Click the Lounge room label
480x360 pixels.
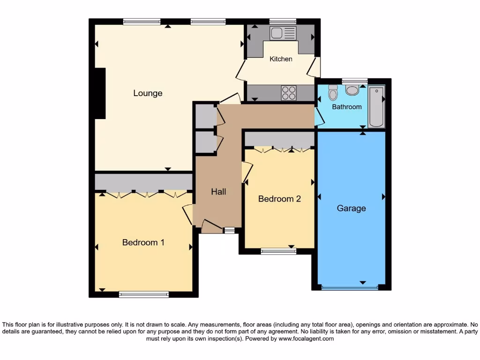pos(148,93)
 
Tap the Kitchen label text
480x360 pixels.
pos(281,59)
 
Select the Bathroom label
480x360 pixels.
pos(347,107)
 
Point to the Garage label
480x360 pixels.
pos(351,208)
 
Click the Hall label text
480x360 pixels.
pos(218,192)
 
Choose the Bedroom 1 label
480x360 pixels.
pos(143,242)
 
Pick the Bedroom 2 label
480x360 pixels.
pos(279,199)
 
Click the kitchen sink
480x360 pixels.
pos(283,33)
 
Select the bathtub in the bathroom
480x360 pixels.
pos(376,107)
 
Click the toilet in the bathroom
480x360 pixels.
pos(333,92)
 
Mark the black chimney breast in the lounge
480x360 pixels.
pos(100,93)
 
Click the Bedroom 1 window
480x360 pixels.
pos(143,294)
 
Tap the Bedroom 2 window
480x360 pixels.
pos(278,252)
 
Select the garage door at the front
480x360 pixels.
pos(351,287)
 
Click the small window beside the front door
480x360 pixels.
pos(229,230)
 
